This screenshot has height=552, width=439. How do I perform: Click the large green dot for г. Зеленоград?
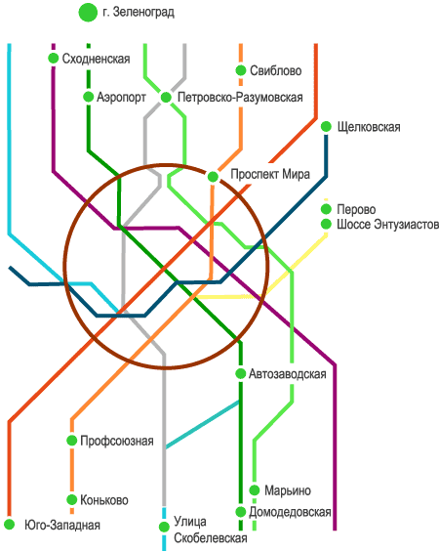(x=88, y=13)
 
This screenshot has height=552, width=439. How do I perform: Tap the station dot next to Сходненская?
(x=54, y=58)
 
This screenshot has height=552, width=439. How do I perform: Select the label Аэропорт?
(x=121, y=97)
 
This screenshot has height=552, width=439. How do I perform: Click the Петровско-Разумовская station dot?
(x=166, y=97)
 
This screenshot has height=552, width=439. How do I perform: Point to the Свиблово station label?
(x=275, y=70)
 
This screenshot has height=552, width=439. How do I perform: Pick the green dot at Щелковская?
(x=326, y=126)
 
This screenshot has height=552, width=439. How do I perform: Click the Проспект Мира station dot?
(x=213, y=177)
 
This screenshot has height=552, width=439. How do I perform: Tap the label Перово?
(x=356, y=209)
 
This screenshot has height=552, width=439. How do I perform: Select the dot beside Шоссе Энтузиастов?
(x=326, y=224)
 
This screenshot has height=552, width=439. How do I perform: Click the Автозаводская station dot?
(x=240, y=373)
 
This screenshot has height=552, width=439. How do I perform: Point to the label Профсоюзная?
(x=117, y=441)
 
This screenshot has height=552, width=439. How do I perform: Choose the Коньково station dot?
(x=71, y=499)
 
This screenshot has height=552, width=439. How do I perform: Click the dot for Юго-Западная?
(x=9, y=525)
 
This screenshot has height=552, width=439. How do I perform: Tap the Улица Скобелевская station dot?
(x=164, y=527)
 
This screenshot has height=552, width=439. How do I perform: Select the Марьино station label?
(x=288, y=490)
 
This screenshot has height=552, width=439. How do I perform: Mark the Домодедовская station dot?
(x=240, y=512)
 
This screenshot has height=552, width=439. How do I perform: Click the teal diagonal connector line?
(x=202, y=425)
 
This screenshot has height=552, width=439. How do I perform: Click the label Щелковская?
(x=369, y=127)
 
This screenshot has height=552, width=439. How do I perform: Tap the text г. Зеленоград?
(x=139, y=13)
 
